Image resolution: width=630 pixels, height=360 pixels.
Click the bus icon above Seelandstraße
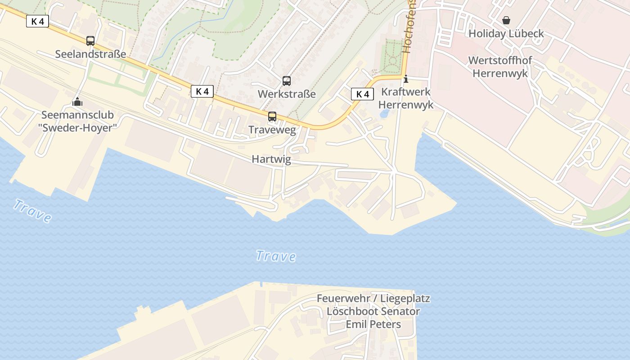coord(90,41)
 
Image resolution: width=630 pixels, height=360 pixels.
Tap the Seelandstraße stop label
coord(90,54)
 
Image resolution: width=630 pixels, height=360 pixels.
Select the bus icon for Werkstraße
coord(287,81)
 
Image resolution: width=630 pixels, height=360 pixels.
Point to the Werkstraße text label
coord(287,94)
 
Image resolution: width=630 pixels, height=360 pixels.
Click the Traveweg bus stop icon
coord(272,117)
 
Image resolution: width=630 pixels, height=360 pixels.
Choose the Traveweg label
coord(272,130)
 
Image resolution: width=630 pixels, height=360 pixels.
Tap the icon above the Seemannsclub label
coord(78,102)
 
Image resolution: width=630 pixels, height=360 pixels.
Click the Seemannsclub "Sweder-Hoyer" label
coord(78,121)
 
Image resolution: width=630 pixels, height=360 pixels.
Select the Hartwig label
coord(271,159)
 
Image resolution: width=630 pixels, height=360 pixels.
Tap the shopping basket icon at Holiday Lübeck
coord(506,20)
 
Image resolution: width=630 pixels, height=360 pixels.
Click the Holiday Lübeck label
coord(506,34)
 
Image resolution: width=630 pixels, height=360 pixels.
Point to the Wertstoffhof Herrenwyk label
coord(500,67)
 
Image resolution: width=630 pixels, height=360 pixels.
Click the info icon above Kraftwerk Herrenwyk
coord(406,79)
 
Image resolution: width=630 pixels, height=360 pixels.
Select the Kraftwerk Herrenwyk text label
coord(406,98)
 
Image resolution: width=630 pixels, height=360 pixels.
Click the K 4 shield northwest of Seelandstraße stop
coord(37,21)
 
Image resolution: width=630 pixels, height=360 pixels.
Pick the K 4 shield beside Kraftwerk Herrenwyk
coord(363,94)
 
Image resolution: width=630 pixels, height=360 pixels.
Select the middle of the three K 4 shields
coord(202,91)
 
